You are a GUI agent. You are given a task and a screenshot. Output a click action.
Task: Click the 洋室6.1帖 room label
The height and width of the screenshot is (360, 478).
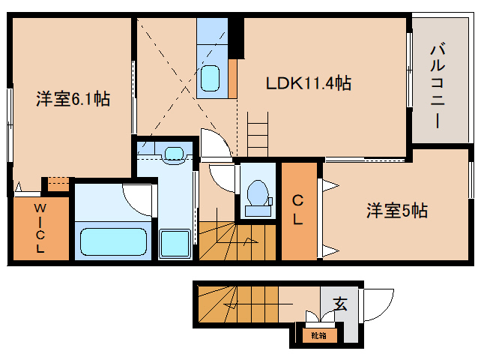coord(73,99)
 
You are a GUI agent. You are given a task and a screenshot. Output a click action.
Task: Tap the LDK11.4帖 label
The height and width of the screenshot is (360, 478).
coord(309,83)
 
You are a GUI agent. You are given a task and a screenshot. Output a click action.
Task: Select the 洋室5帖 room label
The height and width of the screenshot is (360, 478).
coord(396,211)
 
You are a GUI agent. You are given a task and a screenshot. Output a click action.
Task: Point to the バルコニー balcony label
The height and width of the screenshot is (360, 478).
coord(438,84)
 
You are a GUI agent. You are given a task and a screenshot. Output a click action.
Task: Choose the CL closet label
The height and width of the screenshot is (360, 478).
coord(297,210)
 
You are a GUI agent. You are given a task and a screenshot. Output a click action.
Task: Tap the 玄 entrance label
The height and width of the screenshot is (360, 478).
coord(340,304)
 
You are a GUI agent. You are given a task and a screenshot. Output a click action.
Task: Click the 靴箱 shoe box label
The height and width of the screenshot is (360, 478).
coord(319,335)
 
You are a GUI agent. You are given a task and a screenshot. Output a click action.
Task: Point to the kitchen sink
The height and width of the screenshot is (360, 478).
coord(213,78)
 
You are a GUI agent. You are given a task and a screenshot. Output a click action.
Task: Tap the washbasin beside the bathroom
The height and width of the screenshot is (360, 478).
coord(175,153)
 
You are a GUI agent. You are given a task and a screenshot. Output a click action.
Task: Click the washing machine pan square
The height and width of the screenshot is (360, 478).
coord(176,244)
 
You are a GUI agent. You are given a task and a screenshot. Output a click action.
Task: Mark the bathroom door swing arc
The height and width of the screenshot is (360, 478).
coord(139,197)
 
